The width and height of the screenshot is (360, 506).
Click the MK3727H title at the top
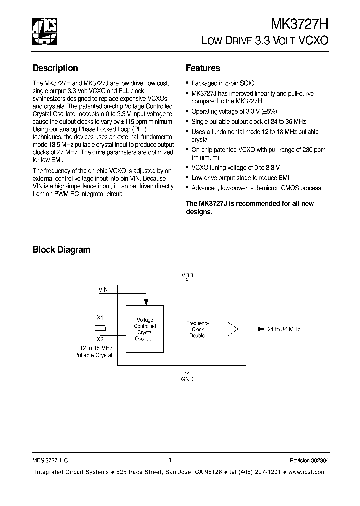click(x=299, y=25)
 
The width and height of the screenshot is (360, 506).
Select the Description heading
click(x=55, y=68)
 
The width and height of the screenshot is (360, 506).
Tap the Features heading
click(x=203, y=68)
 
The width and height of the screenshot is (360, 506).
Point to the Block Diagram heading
click(x=61, y=249)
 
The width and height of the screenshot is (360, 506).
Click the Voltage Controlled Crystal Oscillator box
click(x=145, y=329)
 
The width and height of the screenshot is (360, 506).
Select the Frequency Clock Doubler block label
click(x=198, y=329)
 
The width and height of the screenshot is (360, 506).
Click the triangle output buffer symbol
click(x=233, y=329)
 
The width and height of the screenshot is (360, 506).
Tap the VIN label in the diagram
click(x=103, y=289)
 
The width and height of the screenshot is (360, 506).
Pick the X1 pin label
click(x=100, y=317)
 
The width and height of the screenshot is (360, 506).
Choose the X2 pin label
click(x=100, y=339)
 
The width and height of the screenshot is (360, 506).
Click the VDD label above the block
click(x=187, y=275)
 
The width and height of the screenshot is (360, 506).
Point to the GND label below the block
click(x=187, y=379)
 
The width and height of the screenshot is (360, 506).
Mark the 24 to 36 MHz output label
click(x=284, y=329)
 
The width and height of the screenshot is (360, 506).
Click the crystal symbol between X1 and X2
click(x=101, y=328)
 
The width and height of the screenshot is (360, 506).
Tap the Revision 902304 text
click(x=309, y=461)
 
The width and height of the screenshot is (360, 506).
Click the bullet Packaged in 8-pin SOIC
click(x=223, y=83)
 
